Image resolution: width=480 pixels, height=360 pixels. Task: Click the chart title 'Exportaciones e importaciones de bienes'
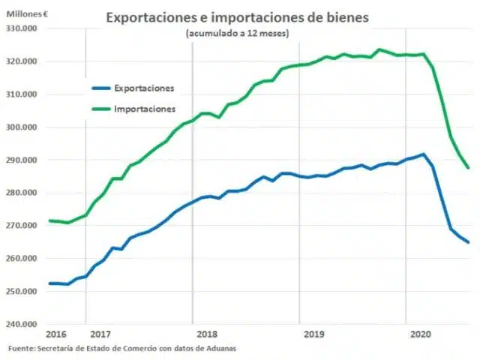coord(238,17)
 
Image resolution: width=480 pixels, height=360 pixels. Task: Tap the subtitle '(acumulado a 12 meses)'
coord(237,34)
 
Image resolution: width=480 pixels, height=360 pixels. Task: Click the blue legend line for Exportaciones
coord(97,88)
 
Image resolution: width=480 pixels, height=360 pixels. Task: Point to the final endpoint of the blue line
coord(469,242)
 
